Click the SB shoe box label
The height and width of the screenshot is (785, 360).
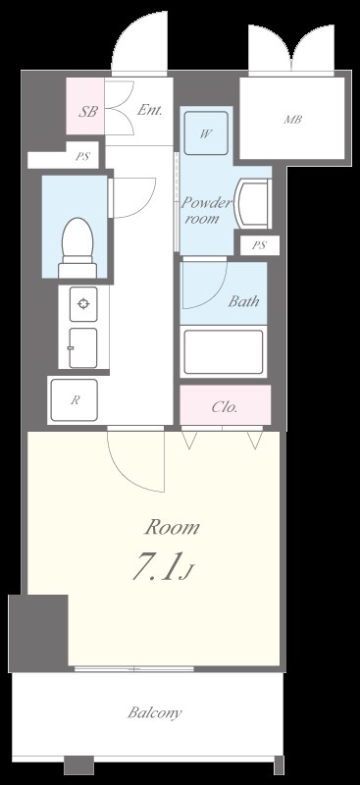pyautogui.click(x=87, y=111)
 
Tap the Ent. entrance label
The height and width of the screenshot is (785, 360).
pyautogui.click(x=150, y=110)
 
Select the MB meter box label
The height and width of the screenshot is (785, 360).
pyautogui.click(x=293, y=120)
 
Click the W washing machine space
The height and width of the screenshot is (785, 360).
pyautogui.click(x=205, y=133)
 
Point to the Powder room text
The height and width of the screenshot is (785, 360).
pyautogui.click(x=206, y=210)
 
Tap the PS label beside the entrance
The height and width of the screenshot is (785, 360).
pyautogui.click(x=82, y=156)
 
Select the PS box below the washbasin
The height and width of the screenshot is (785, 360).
pyautogui.click(x=259, y=246)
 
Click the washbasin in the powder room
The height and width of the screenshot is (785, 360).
pyautogui.click(x=253, y=203)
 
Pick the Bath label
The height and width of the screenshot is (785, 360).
pyautogui.click(x=244, y=301)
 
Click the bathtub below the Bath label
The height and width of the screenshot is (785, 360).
pyautogui.click(x=223, y=351)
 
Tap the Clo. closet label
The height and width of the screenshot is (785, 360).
pyautogui.click(x=224, y=407)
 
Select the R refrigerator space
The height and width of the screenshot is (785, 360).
pyautogui.click(x=76, y=401)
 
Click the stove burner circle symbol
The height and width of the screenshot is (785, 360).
pyautogui.click(x=83, y=303)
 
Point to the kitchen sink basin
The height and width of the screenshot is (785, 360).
pyautogui.click(x=83, y=347)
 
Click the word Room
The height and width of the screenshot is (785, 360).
pyautogui.click(x=173, y=527)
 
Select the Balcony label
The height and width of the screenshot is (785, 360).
pyautogui.click(x=155, y=712)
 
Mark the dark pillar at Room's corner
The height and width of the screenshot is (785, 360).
pyautogui.click(x=38, y=633)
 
